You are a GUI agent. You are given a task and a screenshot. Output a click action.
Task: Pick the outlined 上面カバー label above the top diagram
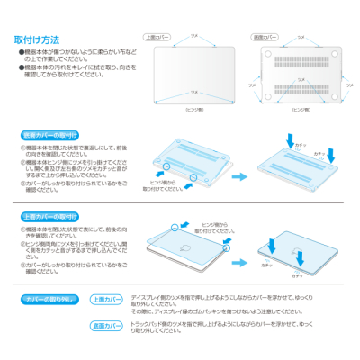(157, 37)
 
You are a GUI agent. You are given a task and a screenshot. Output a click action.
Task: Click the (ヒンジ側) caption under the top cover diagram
(193, 106)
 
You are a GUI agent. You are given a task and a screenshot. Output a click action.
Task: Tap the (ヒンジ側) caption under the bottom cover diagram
(301, 106)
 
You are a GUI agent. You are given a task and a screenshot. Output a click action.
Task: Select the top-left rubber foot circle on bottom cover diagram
(268, 53)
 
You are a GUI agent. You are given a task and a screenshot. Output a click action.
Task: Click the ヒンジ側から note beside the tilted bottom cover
(157, 186)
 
